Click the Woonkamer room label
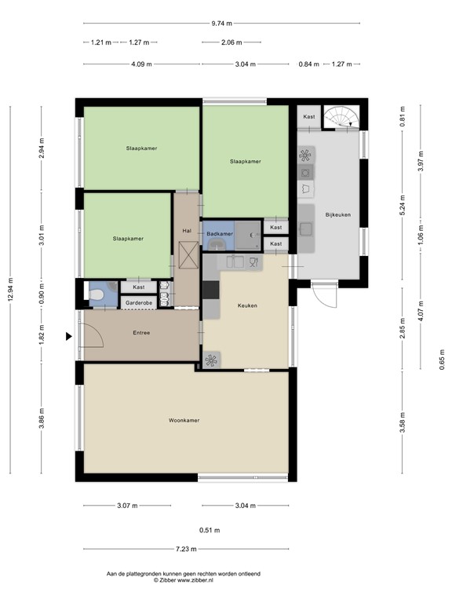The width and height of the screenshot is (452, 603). [184, 420]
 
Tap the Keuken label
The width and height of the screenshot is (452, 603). [247, 305]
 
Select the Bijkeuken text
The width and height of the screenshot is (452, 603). [338, 214]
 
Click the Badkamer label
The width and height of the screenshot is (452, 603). [220, 234]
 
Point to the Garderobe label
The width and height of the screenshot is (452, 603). [139, 302]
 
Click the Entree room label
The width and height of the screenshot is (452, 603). [141, 333]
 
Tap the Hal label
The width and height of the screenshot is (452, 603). [187, 231]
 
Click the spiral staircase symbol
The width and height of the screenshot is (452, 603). [341, 116]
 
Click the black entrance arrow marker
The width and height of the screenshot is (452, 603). [69, 337]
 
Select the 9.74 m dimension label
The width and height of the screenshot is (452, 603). [222, 23]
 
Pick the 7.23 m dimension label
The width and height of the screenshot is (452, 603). [186, 549]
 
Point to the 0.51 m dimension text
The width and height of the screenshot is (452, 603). [210, 530]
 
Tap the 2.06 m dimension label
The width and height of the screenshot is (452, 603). [231, 42]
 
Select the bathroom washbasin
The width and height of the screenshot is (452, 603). [219, 244]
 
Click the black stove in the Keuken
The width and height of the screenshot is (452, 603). [210, 290]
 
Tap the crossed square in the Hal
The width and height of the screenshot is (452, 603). [188, 255]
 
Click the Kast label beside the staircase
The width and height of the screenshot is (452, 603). [309, 116]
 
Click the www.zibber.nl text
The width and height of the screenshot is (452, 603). [195, 580]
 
